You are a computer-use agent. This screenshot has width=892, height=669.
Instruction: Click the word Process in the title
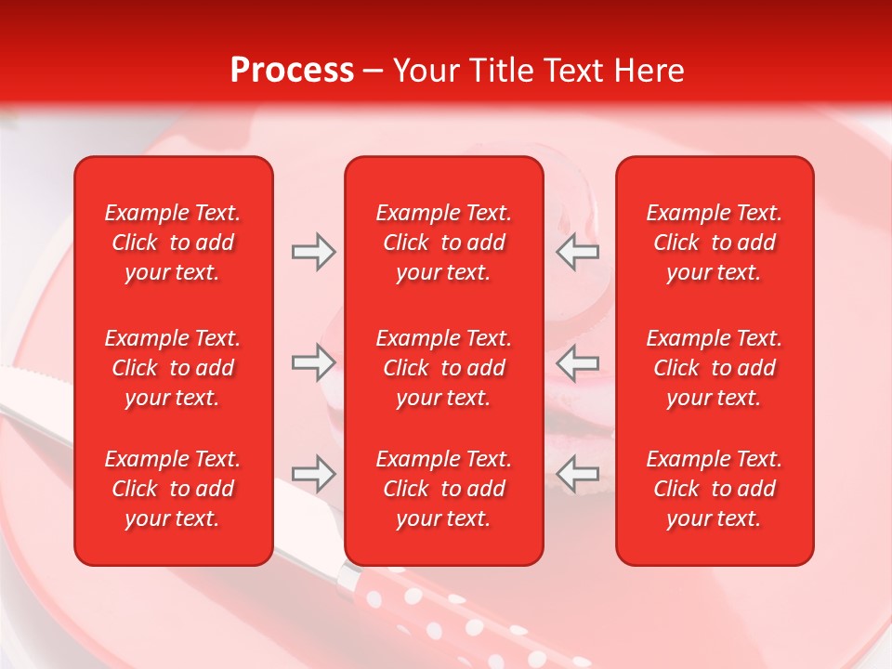[292, 71]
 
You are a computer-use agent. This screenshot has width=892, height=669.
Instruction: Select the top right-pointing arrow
[313, 252]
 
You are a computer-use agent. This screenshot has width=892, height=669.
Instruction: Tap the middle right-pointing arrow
[313, 362]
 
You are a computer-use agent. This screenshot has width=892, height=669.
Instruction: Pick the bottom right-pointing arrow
[313, 474]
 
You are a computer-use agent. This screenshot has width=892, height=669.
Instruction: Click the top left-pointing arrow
[578, 252]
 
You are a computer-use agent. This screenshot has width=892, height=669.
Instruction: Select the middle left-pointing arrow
[578, 362]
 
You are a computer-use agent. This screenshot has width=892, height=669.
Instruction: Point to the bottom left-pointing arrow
[578, 474]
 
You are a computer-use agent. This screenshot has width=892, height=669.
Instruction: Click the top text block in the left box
[173, 243]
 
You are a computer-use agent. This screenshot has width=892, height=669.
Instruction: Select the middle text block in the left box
[173, 368]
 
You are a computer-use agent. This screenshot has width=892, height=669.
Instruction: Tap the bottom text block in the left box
[173, 489]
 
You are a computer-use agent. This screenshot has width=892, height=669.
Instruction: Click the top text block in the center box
[443, 243]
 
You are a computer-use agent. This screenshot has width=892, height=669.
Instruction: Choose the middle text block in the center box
[443, 368]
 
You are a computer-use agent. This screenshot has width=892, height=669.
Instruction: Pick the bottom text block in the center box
[443, 489]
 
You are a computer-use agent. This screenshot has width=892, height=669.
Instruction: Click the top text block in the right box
[714, 243]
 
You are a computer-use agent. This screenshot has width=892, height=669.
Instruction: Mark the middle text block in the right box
[714, 368]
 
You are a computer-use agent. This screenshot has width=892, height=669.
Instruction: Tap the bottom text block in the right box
[714, 489]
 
